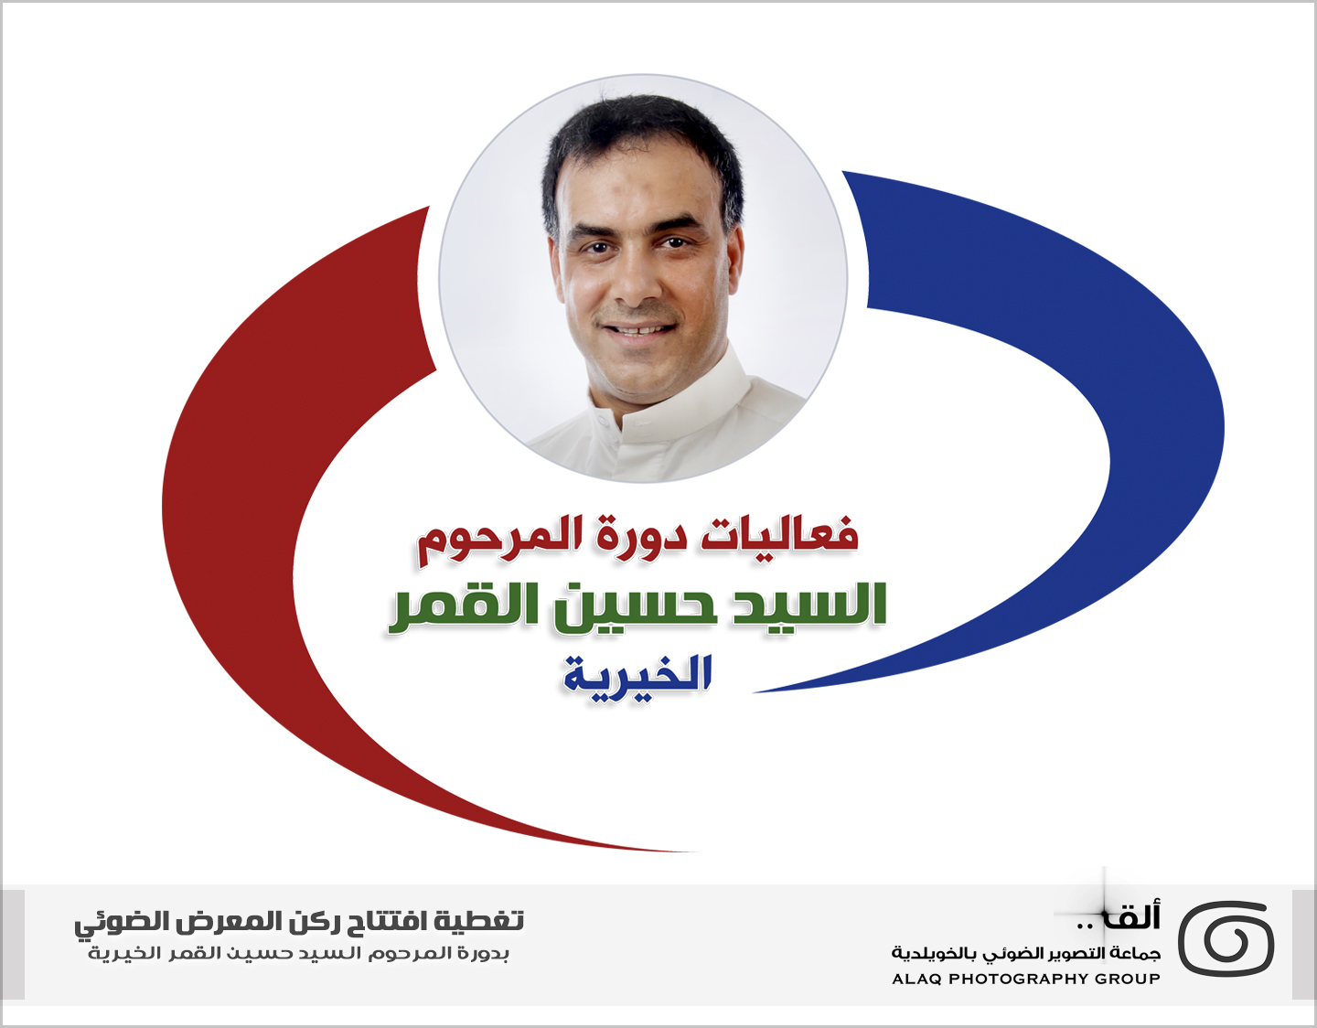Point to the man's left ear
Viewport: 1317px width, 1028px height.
[x=735, y=261]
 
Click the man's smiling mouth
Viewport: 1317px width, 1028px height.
[x=638, y=330]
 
